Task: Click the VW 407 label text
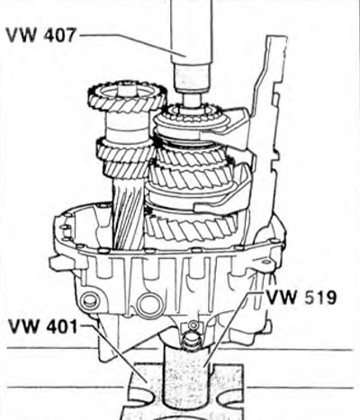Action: click(x=41, y=35)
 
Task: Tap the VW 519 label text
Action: click(x=301, y=298)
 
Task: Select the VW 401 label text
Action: click(x=43, y=326)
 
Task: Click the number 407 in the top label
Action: click(x=60, y=35)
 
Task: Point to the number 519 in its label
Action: click(x=320, y=298)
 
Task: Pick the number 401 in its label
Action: click(x=62, y=326)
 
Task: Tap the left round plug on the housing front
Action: click(x=89, y=300)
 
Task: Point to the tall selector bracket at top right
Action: click(x=270, y=120)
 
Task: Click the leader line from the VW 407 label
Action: click(x=132, y=43)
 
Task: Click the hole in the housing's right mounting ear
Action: click(x=266, y=262)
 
